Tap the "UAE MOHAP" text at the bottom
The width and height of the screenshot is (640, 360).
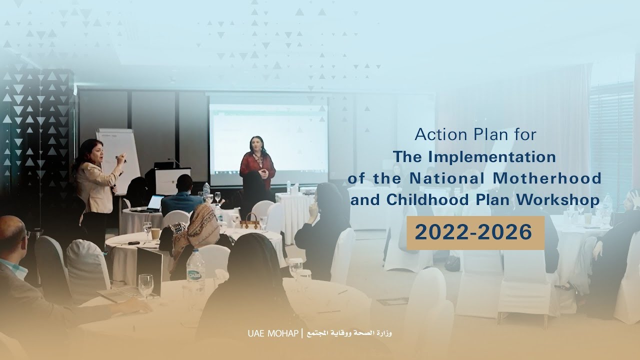coord(272,333)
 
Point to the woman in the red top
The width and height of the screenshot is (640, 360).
coord(257,165)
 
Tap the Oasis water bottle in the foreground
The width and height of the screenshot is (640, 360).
coord(195,272)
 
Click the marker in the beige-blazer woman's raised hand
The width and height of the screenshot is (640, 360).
coord(121,158)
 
